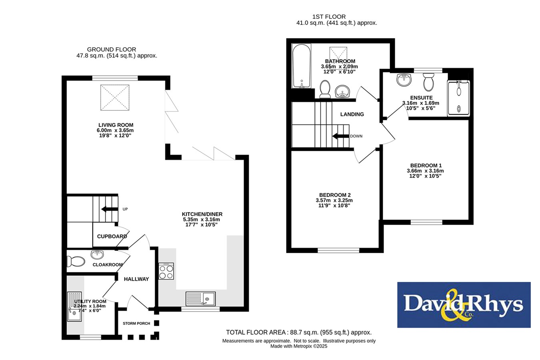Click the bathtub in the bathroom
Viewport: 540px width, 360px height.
(x=301, y=66)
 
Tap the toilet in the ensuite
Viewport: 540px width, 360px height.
(x=428, y=82)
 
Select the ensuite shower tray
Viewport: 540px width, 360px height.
(x=458, y=98)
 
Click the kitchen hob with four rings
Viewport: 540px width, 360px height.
(x=166, y=271)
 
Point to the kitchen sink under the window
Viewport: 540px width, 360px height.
(x=200, y=299)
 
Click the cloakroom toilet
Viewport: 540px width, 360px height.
(x=76, y=262)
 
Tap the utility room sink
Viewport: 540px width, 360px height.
(x=74, y=307)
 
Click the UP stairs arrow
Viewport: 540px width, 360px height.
(x=110, y=209)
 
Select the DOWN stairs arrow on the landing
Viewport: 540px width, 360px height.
(x=341, y=136)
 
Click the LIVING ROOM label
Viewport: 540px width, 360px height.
(x=116, y=125)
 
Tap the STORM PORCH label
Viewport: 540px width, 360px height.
(x=136, y=323)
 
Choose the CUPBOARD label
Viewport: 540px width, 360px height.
(x=112, y=236)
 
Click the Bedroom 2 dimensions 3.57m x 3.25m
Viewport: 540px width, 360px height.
(x=334, y=200)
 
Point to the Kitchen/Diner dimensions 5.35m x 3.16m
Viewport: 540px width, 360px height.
(x=202, y=220)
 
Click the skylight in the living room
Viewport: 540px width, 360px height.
(x=115, y=98)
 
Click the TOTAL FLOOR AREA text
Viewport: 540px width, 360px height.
(x=299, y=332)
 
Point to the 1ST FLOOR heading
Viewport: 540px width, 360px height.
(x=329, y=17)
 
